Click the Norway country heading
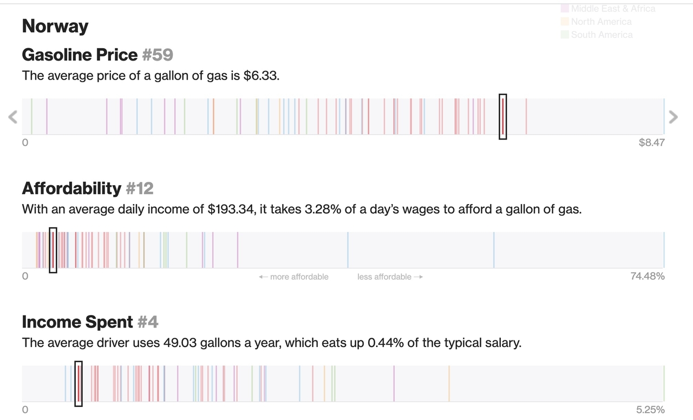[x=55, y=26]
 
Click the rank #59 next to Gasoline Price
[x=158, y=55]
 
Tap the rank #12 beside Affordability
[x=140, y=188]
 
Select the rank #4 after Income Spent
[x=148, y=322]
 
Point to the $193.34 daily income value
[x=231, y=209]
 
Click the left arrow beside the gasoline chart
[x=13, y=116]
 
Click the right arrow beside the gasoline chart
[x=673, y=116]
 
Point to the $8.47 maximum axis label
[x=651, y=143]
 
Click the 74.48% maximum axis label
[x=648, y=277]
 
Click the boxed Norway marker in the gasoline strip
[x=502, y=116]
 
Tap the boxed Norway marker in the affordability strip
[x=53, y=250]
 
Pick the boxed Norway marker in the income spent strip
[x=79, y=384]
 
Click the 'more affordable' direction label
[x=294, y=277]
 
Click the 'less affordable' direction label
[x=390, y=277]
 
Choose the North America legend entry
[x=601, y=22]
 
